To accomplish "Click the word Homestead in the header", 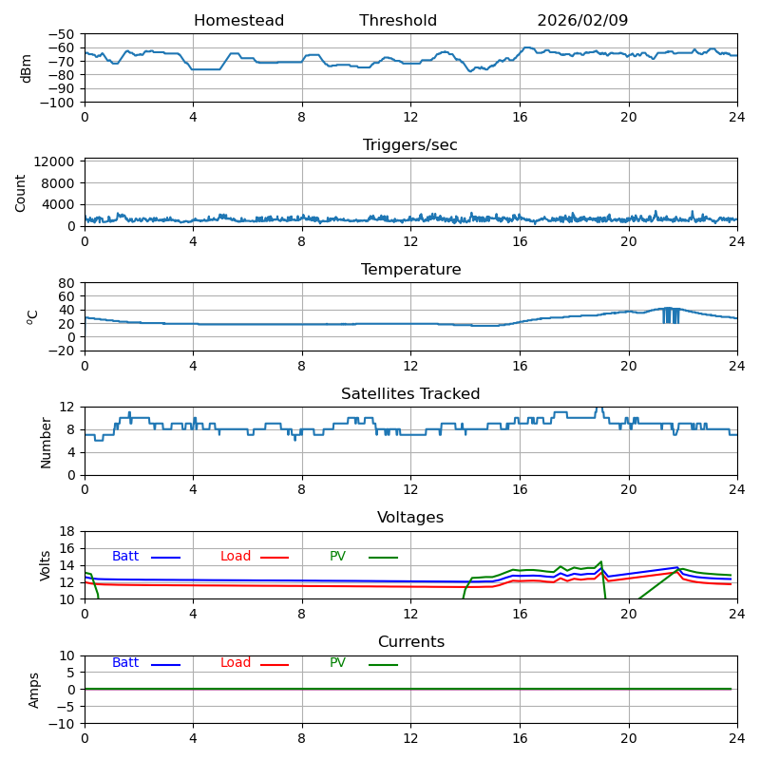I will coord(238,21).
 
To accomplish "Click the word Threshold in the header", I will coord(398,21).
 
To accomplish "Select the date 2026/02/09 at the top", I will coord(582,21).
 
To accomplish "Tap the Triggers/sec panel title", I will coord(410,145).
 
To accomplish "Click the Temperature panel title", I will coord(410,270).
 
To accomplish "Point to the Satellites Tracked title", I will coord(410,394).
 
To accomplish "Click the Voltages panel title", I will coord(410,518).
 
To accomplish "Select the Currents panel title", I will coord(410,642).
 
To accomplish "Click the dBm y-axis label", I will coord(27,67).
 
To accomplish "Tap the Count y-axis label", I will coord(21,192).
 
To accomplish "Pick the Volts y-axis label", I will coord(46,565).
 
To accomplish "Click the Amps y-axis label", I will coord(34,690).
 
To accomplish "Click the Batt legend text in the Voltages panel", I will coord(125,557).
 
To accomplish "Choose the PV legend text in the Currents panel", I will coord(337,663).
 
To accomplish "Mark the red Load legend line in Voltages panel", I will coord(275,558).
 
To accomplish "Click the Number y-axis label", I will coord(46,441).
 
